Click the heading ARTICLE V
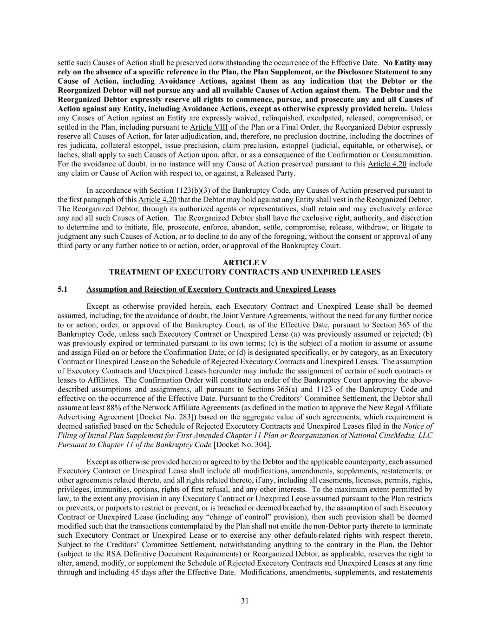[245, 262]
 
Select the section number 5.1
[63, 289]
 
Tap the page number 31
[245, 601]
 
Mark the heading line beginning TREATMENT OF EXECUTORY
[245, 272]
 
